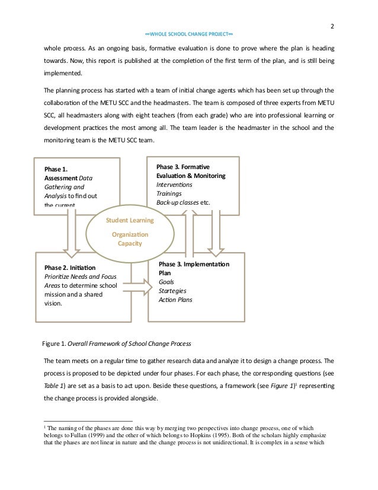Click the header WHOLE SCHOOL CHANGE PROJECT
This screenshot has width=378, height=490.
pos(189,34)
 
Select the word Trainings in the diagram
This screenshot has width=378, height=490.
pos(169,193)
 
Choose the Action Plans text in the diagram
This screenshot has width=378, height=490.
pos(175,300)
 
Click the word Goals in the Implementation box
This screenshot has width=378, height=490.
pos(166,282)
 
